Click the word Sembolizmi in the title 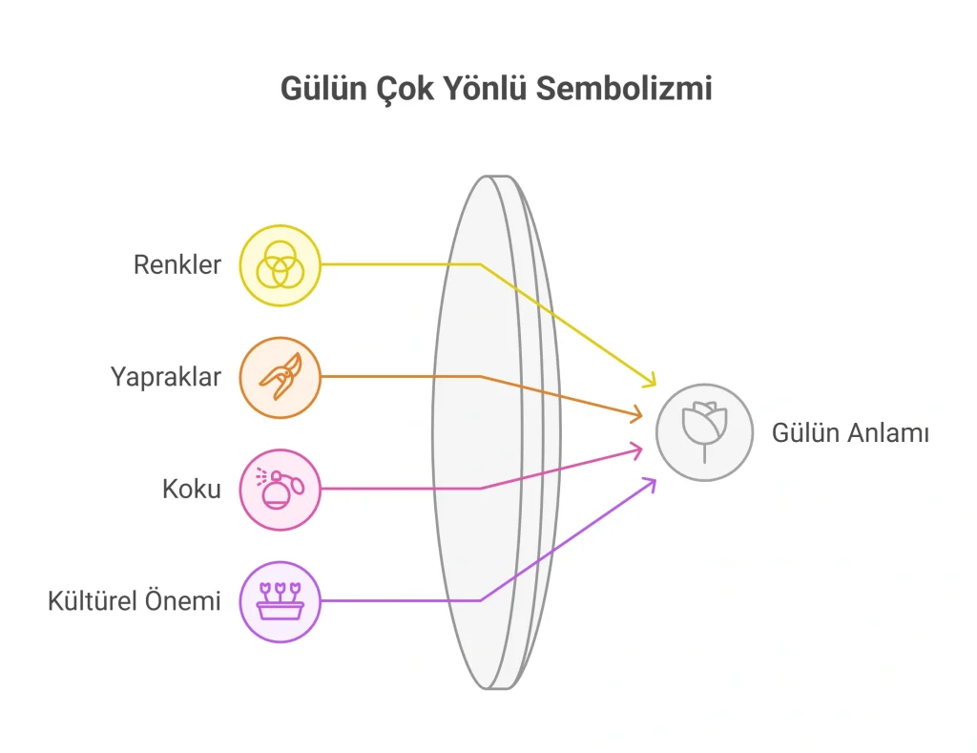pos(624,88)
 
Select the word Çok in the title pos(405,89)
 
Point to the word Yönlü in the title pos(485,88)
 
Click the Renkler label pos(177,265)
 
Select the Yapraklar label pos(166,378)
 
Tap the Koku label pos(192,490)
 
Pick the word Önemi pos(183,601)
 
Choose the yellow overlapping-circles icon pos(281,265)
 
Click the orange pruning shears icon pos(281,378)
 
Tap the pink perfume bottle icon pos(281,490)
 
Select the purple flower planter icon pos(281,602)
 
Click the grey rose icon pos(705,432)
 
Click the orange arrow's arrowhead pos(636,414)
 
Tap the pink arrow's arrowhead pos(636,450)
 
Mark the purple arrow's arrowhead pos(651,484)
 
